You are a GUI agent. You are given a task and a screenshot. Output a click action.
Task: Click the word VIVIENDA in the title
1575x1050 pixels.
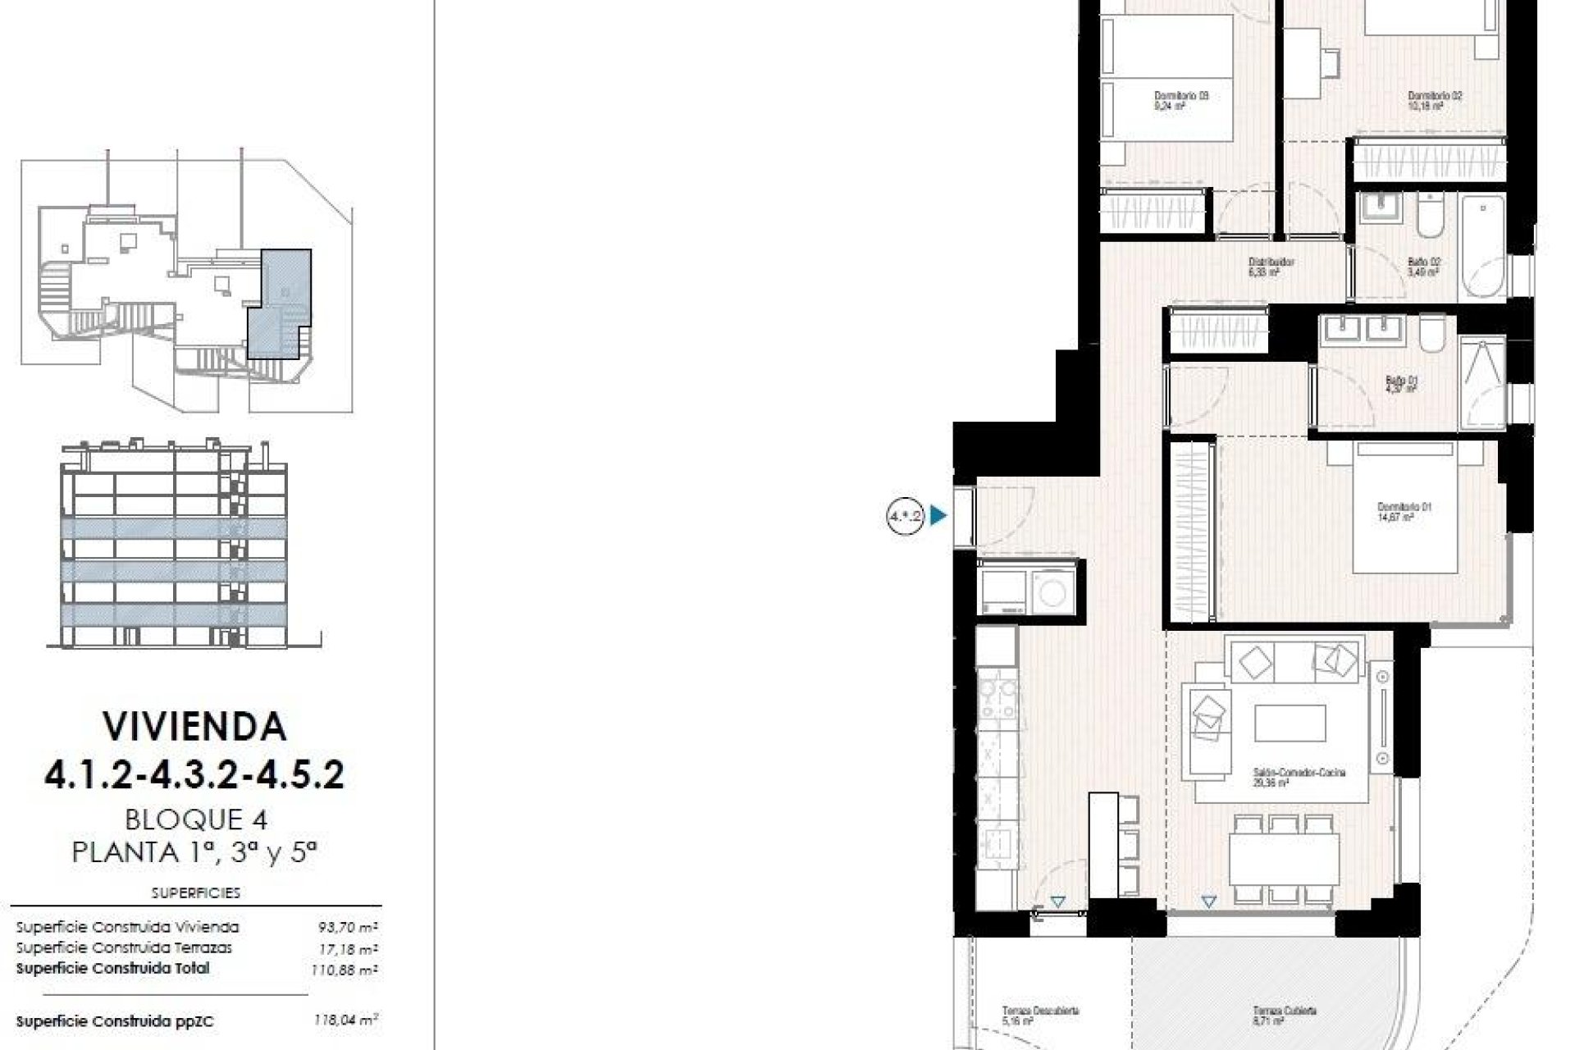pos(194,727)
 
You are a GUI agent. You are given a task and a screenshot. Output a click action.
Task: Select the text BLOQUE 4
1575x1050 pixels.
pos(196,819)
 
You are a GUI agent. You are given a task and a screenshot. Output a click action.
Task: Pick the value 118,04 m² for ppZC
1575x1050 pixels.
pos(345,1021)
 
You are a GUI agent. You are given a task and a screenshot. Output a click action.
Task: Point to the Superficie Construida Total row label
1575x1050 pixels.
pos(112,969)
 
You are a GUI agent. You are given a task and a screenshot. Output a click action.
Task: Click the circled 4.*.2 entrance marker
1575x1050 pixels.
pos(905,516)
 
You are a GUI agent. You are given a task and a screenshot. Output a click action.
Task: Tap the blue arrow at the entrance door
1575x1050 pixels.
pos(938,516)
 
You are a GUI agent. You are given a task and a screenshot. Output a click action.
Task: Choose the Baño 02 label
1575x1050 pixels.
pos(1423,267)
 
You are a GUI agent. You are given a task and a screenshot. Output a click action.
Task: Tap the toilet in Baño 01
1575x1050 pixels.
pos(1432,335)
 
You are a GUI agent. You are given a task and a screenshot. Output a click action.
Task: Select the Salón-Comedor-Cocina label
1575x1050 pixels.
pos(1299,777)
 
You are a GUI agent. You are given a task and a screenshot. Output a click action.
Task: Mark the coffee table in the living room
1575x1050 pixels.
pos(1290,724)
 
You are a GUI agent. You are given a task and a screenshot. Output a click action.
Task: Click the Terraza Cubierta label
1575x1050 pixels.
pos(1284,1016)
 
